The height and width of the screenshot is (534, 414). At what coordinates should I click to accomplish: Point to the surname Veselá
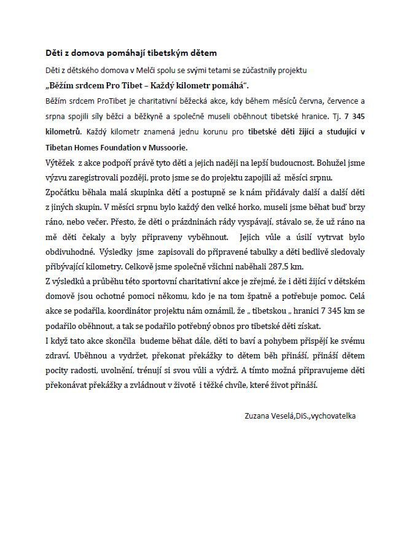[x=283, y=416]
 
